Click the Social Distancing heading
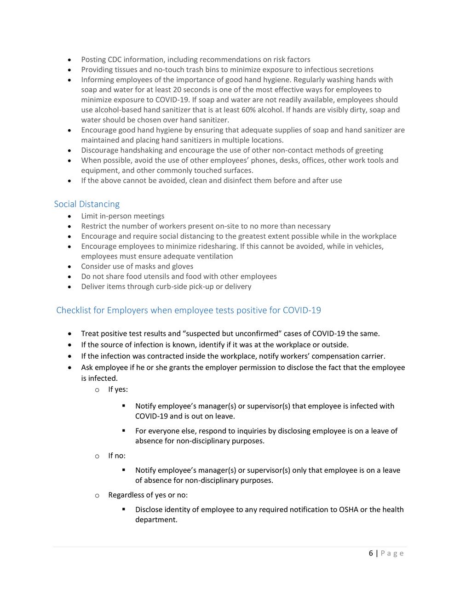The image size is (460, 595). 86,204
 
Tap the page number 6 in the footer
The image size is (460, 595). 371,553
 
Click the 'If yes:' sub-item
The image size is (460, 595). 118,389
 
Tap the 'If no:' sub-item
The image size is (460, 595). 117,456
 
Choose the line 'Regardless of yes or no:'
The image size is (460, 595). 148,495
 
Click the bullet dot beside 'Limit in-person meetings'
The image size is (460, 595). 69,216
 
